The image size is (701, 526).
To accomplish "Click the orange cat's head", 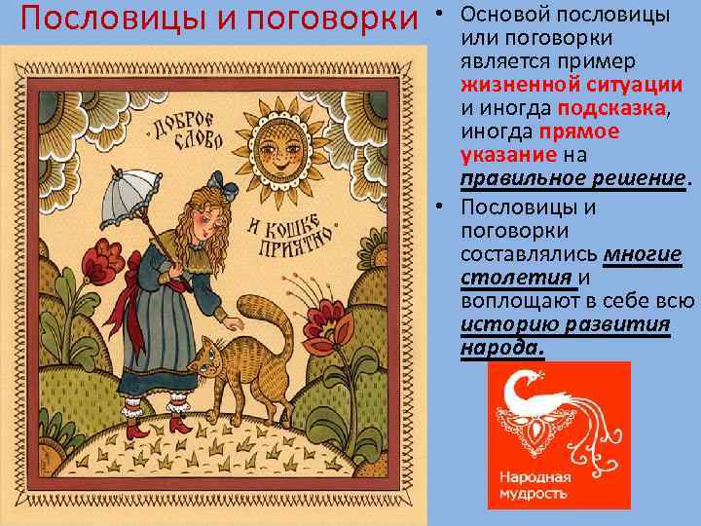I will pyautogui.click(x=208, y=359).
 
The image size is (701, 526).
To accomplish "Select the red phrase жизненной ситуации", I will pyautogui.click(x=572, y=85).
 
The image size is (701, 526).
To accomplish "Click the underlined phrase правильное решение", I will pyautogui.click(x=574, y=178).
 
